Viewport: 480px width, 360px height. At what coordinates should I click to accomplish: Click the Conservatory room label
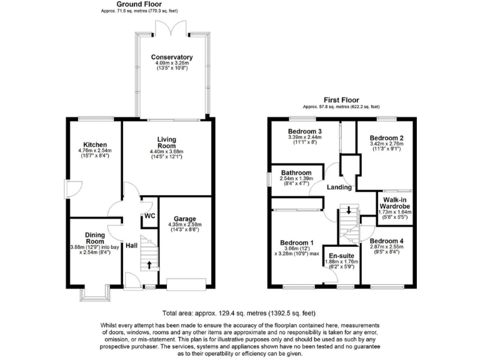172,57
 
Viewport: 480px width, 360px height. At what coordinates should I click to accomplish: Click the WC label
149,216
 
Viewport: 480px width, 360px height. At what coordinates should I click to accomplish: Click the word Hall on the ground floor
131,246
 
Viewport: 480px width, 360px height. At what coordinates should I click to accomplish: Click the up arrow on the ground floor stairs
149,264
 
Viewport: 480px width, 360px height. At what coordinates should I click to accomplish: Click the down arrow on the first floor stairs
349,210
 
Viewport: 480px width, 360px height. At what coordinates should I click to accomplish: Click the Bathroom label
296,172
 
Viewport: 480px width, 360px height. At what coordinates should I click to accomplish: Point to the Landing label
340,187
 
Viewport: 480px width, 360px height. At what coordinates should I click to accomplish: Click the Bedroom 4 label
386,241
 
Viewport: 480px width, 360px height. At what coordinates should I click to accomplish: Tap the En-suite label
339,256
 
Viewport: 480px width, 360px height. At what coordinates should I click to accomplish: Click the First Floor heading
341,100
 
